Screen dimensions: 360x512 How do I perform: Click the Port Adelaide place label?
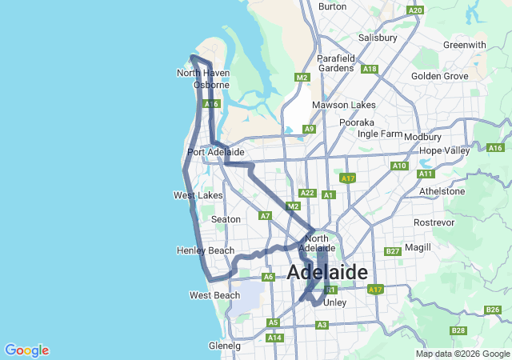pyautogui.click(x=215, y=152)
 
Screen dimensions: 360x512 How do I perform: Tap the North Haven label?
pyautogui.click(x=203, y=73)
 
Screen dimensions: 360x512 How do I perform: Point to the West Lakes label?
pyautogui.click(x=198, y=195)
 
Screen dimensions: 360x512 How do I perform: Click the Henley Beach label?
pyautogui.click(x=206, y=251)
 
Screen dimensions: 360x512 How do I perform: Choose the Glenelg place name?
pyautogui.click(x=224, y=346)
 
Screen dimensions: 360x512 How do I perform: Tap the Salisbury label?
pyautogui.click(x=378, y=38)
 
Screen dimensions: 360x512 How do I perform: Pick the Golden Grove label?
pyautogui.click(x=439, y=76)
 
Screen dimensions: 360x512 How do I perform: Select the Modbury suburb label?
pyautogui.click(x=422, y=137)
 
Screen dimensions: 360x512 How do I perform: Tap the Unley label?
pyautogui.click(x=334, y=302)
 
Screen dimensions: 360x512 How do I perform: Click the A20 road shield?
pyautogui.click(x=414, y=10)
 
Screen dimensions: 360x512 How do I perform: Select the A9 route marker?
pyautogui.click(x=309, y=129)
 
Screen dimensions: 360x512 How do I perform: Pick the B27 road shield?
pyautogui.click(x=392, y=251)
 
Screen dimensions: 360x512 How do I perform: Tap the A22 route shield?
pyautogui.click(x=307, y=193)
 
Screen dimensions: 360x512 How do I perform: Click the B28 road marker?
pyautogui.click(x=458, y=330)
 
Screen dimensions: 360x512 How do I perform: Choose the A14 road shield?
pyautogui.click(x=274, y=338)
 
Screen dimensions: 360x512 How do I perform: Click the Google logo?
pyautogui.click(x=26, y=350)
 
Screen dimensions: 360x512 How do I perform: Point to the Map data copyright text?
pyautogui.click(x=462, y=354)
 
